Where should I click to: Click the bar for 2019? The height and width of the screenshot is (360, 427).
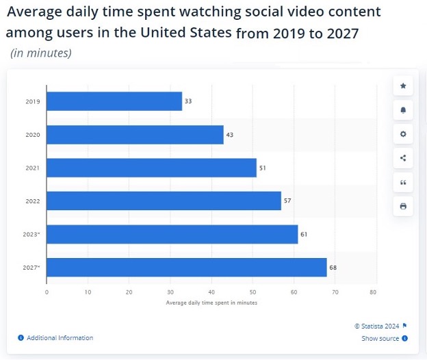point(114,101)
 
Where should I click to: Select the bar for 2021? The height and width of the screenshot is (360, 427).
point(151,168)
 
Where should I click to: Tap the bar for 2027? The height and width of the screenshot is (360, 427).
point(186,267)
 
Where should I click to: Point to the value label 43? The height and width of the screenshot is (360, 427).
point(230,135)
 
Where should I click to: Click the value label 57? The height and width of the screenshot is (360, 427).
point(287,201)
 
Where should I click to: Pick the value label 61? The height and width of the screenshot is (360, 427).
point(304,234)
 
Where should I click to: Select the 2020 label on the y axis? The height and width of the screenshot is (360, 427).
point(32,135)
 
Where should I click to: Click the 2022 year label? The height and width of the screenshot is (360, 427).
point(32,201)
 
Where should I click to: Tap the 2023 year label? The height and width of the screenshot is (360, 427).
point(32,234)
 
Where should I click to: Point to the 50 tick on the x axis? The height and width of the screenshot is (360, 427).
point(253,292)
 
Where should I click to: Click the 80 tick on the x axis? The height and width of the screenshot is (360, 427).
point(373,292)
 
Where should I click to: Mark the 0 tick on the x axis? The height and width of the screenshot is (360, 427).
point(47,292)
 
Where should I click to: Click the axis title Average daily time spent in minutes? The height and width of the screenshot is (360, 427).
point(211,302)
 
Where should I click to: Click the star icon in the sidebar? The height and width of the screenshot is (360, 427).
point(403,86)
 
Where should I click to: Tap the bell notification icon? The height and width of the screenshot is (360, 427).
point(403,110)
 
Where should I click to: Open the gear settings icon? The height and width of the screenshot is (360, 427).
point(403,134)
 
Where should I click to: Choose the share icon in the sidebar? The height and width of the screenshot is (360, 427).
point(403,158)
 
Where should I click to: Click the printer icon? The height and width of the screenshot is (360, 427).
point(403,206)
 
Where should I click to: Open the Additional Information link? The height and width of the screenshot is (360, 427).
point(60,338)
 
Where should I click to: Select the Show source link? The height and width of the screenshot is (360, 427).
point(380,338)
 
